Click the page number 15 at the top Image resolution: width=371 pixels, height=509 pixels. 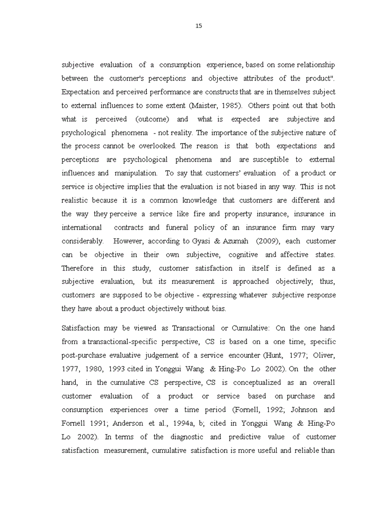(x=199, y=26)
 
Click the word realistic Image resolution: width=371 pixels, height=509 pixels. (x=75, y=200)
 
